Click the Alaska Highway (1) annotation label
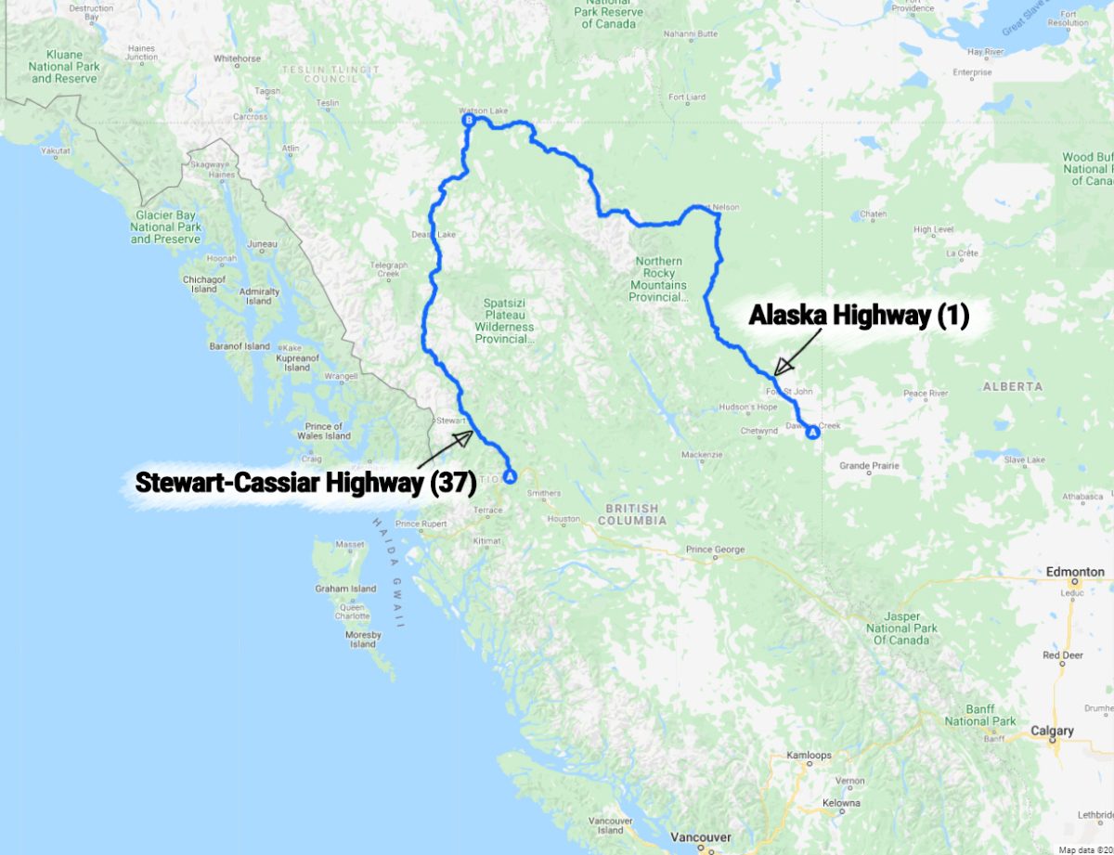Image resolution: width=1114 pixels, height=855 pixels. pyautogui.click(x=859, y=317)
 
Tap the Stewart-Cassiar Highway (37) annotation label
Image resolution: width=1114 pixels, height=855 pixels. pyautogui.click(x=305, y=483)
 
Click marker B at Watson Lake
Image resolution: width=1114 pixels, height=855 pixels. pyautogui.click(x=469, y=121)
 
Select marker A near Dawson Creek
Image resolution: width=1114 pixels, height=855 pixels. pyautogui.click(x=813, y=433)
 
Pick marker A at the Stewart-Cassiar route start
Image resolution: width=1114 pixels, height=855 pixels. pyautogui.click(x=509, y=477)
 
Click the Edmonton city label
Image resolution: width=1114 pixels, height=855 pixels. pyautogui.click(x=1075, y=573)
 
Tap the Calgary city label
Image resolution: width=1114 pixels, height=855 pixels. pyautogui.click(x=1053, y=731)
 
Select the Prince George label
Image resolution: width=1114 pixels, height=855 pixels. pyautogui.click(x=716, y=550)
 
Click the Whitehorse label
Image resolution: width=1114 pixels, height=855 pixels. pyautogui.click(x=238, y=58)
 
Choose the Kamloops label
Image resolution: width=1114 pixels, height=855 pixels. pyautogui.click(x=809, y=756)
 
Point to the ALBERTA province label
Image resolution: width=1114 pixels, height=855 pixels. pyautogui.click(x=1011, y=386)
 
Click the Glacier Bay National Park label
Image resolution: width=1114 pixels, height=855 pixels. pyautogui.click(x=166, y=227)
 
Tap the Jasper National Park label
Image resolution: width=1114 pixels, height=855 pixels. pyautogui.click(x=901, y=628)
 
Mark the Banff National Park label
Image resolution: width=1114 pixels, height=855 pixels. pyautogui.click(x=980, y=715)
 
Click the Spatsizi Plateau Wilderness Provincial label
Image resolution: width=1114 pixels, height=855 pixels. pyautogui.click(x=505, y=320)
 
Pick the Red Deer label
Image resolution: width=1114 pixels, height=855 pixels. pyautogui.click(x=1063, y=655)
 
